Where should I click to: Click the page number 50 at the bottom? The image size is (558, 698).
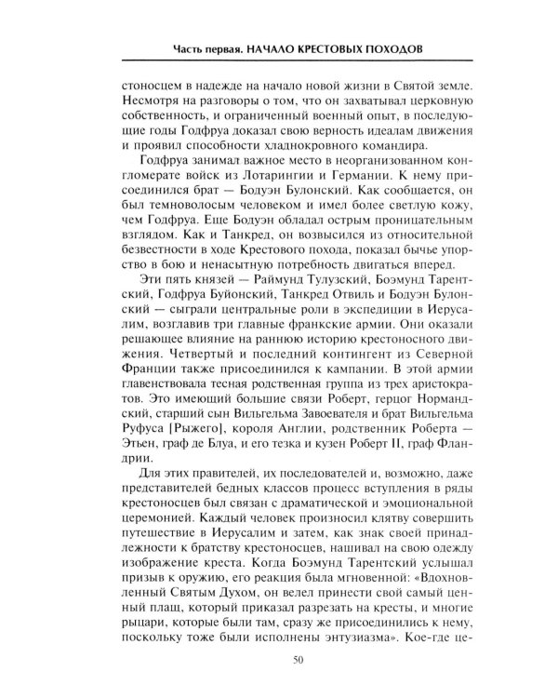[x=295, y=662]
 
